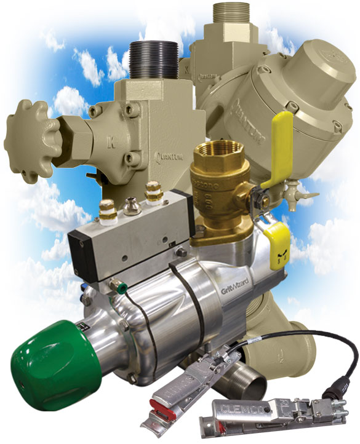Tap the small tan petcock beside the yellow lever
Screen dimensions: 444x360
click(301, 196)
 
